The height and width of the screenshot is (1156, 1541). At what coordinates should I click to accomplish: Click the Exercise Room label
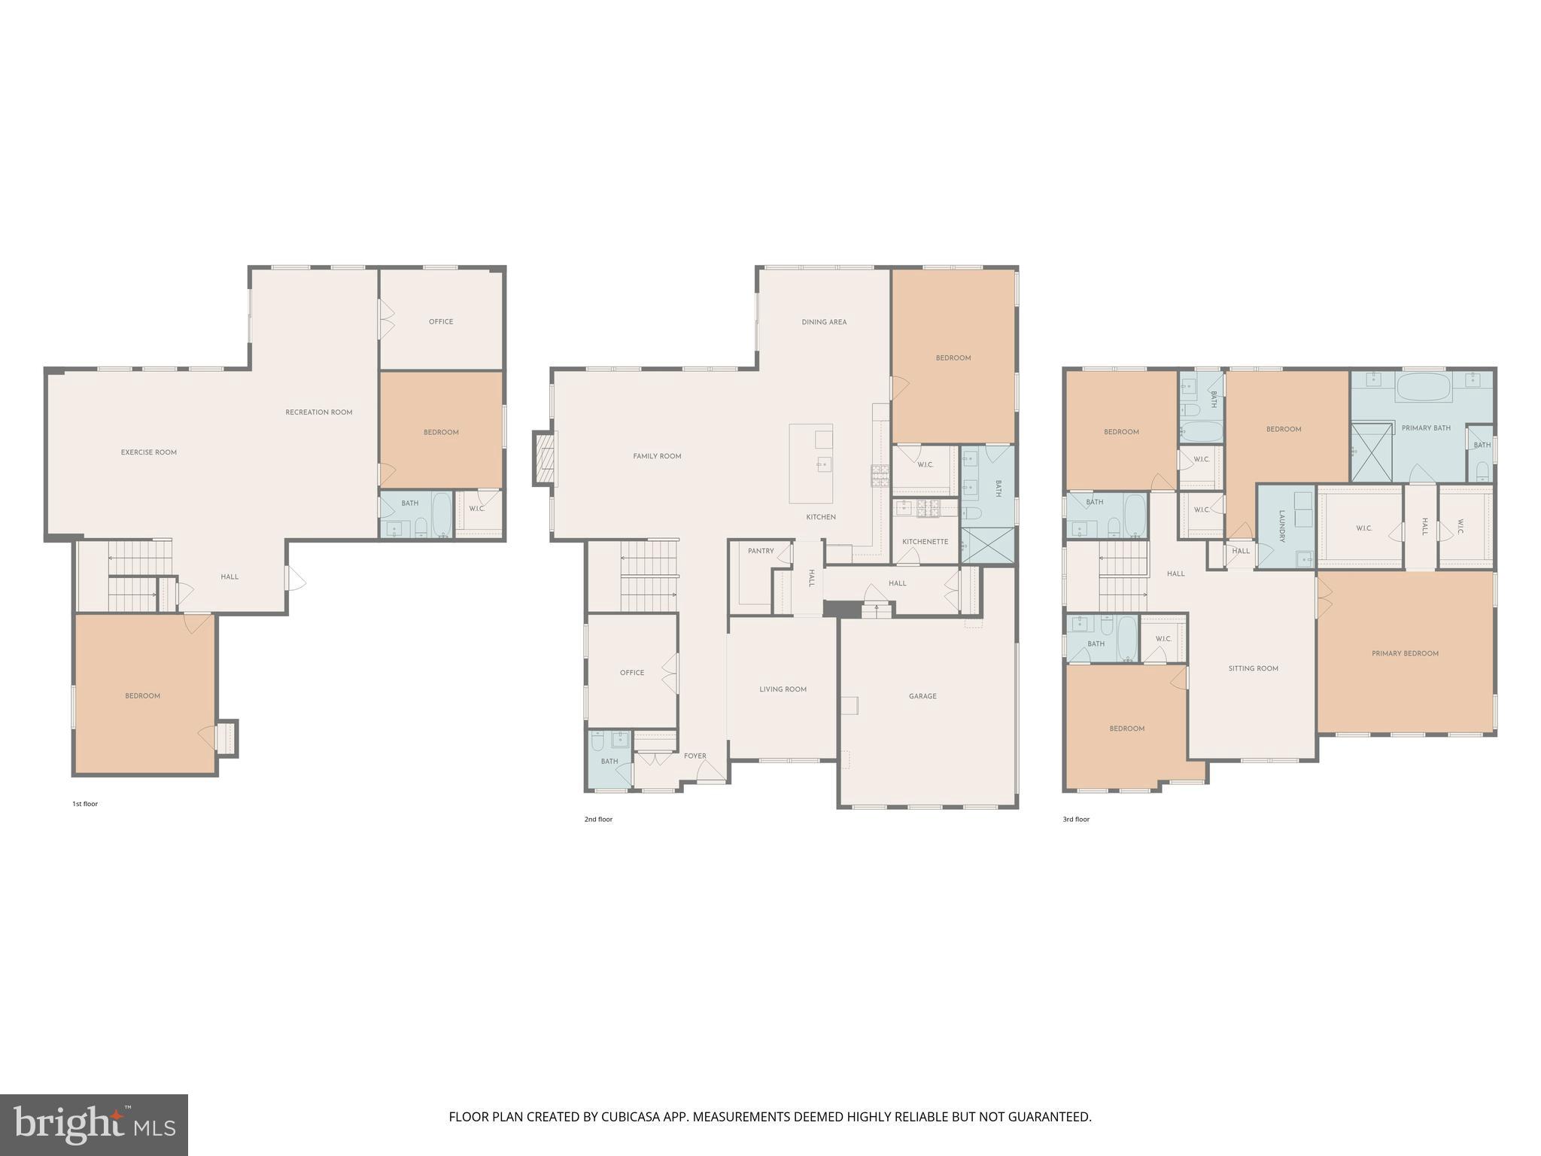[x=149, y=452]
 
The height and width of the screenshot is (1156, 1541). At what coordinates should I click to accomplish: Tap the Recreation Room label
[x=319, y=412]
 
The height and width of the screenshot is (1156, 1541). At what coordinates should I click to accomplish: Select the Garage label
[x=922, y=696]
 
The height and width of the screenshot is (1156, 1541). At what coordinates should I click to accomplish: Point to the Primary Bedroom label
[x=1405, y=653]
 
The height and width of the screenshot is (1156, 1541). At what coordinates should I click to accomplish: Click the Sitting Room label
[x=1253, y=668]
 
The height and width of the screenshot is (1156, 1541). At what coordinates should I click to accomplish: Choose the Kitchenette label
[x=925, y=542]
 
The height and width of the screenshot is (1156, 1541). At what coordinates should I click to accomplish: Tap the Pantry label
[x=761, y=551]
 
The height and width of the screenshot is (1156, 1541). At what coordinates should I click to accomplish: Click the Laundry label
[x=1282, y=527]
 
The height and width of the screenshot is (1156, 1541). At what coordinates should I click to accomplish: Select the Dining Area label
[x=824, y=322]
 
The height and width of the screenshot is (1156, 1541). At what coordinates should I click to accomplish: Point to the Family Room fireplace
[x=544, y=458]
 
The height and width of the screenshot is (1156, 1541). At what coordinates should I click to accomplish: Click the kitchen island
[x=810, y=464]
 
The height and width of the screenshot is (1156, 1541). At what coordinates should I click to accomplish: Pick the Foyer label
[x=695, y=756]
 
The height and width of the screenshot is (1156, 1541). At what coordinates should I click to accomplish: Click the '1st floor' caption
[x=85, y=804]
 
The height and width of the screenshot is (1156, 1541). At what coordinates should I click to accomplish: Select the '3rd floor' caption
[x=1076, y=819]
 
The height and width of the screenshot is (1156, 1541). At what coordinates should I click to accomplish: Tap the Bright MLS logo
[x=93, y=1125]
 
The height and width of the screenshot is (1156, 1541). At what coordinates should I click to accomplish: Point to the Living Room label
[x=783, y=689]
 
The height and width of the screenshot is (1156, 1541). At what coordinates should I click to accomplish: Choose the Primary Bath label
[x=1426, y=428]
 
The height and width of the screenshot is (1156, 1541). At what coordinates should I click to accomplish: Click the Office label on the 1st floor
[x=441, y=321]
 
